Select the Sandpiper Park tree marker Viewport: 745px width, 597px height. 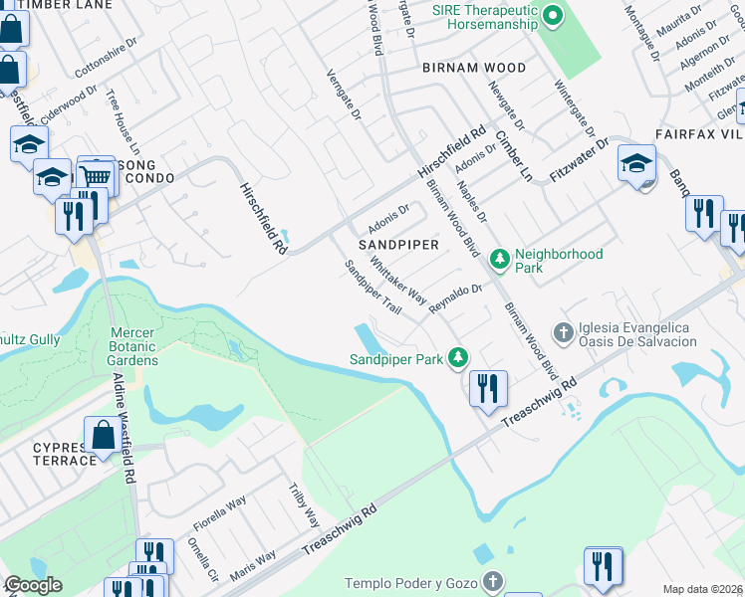pyautogui.click(x=458, y=356)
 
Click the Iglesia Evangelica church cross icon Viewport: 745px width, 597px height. pyautogui.click(x=563, y=331)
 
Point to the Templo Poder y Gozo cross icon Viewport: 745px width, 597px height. pyautogui.click(x=492, y=581)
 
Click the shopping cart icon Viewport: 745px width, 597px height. pyautogui.click(x=96, y=175)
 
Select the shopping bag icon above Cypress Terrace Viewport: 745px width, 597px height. pyautogui.click(x=104, y=435)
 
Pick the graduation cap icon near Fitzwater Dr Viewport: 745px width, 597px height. pyautogui.click(x=636, y=162)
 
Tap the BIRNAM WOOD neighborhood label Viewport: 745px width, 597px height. pyautogui.click(x=473, y=69)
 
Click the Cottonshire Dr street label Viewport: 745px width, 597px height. pyautogui.click(x=110, y=66)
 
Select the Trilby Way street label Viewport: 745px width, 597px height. pyautogui.click(x=304, y=505)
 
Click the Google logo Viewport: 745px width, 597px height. pyautogui.click(x=33, y=585)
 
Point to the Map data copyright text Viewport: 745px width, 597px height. pyautogui.click(x=702, y=589)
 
